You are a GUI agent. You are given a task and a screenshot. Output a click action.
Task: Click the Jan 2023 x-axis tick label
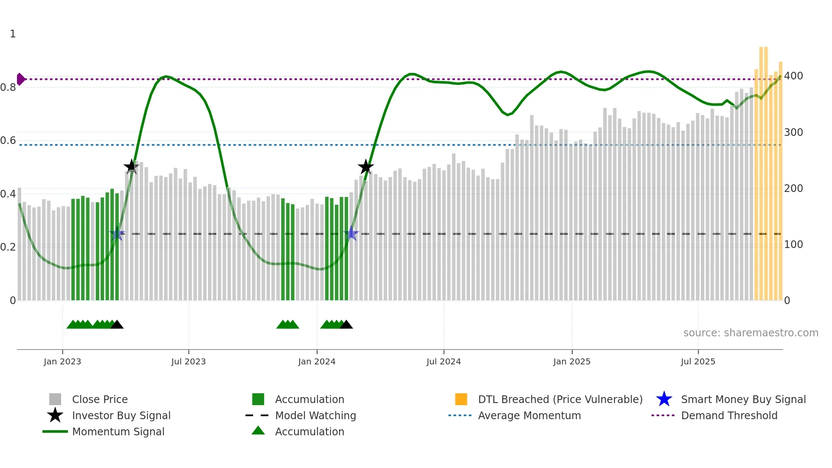coord(62,361)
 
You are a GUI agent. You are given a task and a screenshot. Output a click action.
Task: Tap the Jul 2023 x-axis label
coord(188,361)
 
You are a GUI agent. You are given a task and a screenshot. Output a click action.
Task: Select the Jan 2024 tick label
coord(317,361)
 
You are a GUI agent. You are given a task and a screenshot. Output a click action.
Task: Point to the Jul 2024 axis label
coord(444,361)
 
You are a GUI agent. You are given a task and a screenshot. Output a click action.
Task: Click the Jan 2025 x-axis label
coord(572,361)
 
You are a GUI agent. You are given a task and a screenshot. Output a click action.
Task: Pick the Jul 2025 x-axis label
coord(698,361)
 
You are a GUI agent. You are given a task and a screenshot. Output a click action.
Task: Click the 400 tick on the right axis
coord(793,76)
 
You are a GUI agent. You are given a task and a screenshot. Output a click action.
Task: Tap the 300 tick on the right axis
coord(793,133)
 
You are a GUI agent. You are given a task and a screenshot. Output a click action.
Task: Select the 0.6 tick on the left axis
coord(8,141)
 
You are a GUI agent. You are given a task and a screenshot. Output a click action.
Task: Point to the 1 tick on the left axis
coord(13,34)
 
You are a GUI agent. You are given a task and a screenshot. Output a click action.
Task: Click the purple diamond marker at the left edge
coord(20,79)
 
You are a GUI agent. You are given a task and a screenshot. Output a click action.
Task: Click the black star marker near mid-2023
coord(131,166)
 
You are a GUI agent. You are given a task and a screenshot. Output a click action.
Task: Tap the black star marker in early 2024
coord(365,167)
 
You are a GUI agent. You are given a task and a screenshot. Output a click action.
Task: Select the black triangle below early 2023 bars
coord(117,325)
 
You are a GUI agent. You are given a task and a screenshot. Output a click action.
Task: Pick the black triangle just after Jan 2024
coord(346,325)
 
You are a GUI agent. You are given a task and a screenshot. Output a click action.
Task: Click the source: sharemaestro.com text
coord(750,333)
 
